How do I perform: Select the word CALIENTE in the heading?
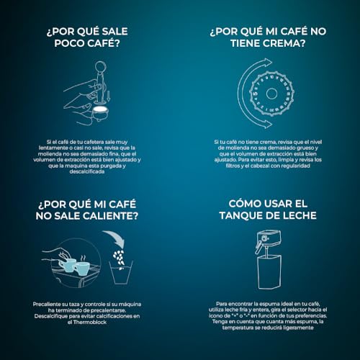point(110,216)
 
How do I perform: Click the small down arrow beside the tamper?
point(108,95)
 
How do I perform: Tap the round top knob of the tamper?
point(100,66)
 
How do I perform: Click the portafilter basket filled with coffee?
point(100,112)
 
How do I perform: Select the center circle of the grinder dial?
point(271,94)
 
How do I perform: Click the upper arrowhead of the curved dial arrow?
point(267,63)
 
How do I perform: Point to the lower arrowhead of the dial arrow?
point(267,124)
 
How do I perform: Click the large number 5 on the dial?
point(255,94)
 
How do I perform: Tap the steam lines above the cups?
point(83,258)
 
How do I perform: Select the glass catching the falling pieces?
point(121,273)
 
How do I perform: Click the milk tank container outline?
point(270,272)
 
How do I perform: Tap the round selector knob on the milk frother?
point(264,238)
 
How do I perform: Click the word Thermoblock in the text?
point(90,322)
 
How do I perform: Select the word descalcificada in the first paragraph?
point(87,171)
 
